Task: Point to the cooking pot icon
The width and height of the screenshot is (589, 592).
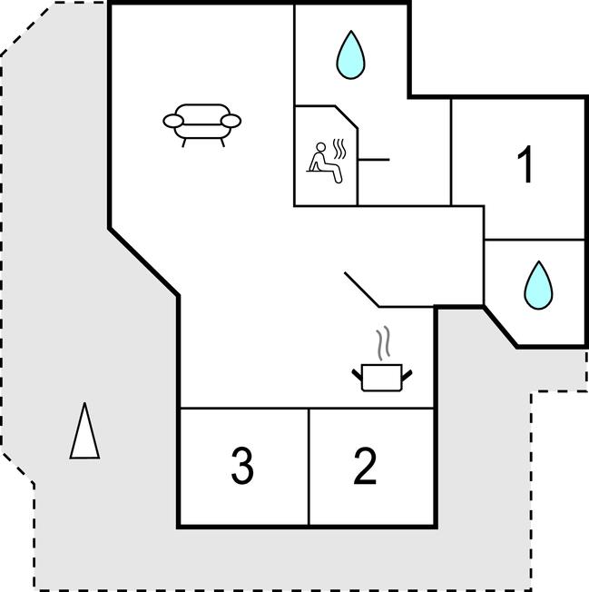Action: [x=381, y=376]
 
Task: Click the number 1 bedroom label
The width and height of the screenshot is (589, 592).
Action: [x=525, y=165]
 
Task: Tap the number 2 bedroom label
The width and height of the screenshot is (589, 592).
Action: [x=364, y=466]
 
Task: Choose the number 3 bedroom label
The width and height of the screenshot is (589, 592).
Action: [x=241, y=466]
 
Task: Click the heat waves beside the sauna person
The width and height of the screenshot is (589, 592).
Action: [x=339, y=148]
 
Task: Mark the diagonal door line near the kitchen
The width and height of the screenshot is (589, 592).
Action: [x=361, y=288]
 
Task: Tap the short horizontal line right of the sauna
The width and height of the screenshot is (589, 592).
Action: [x=373, y=160]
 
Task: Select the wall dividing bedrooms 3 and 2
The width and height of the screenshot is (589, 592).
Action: [x=309, y=467]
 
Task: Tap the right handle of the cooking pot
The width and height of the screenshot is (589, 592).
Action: [x=407, y=372]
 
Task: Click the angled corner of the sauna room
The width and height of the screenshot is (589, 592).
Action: [x=347, y=116]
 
